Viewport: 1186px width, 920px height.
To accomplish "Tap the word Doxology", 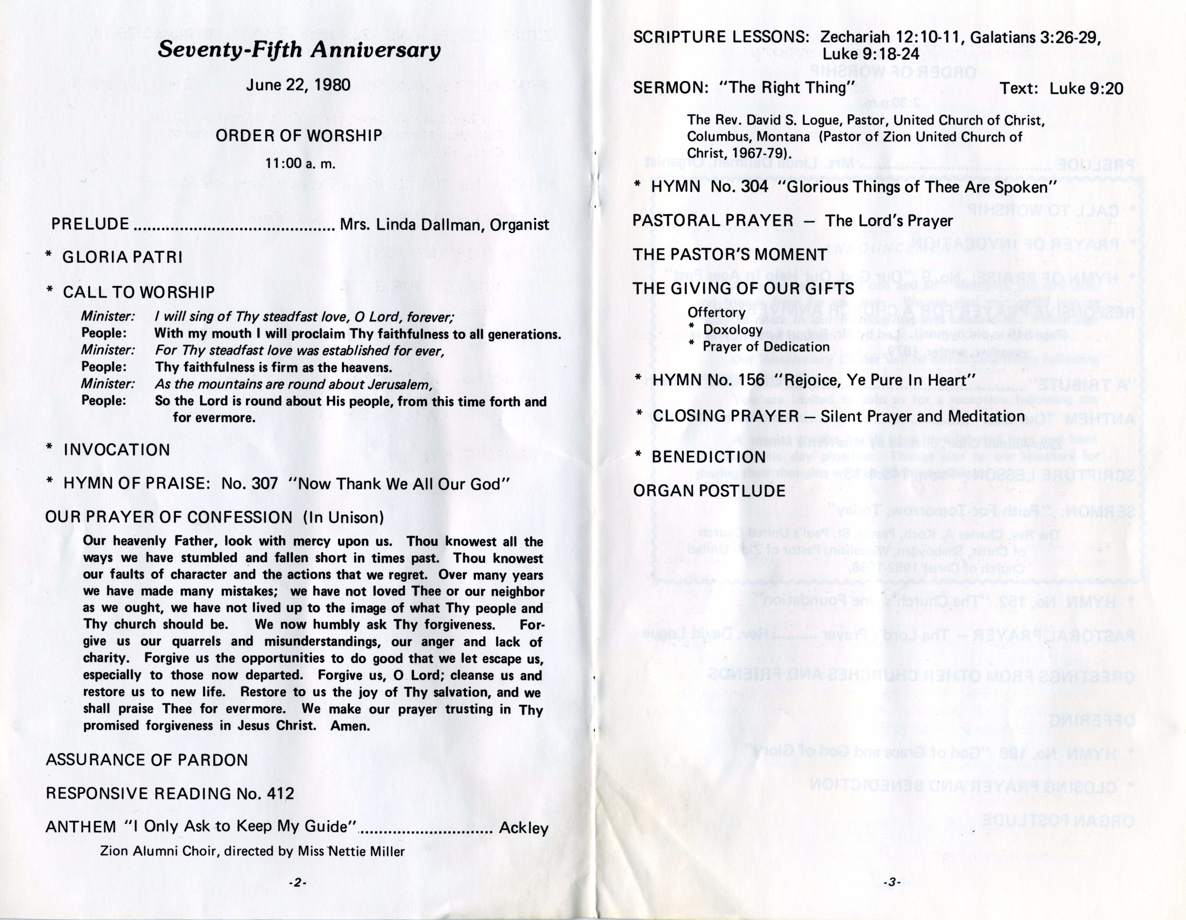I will pyautogui.click(x=733, y=330).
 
